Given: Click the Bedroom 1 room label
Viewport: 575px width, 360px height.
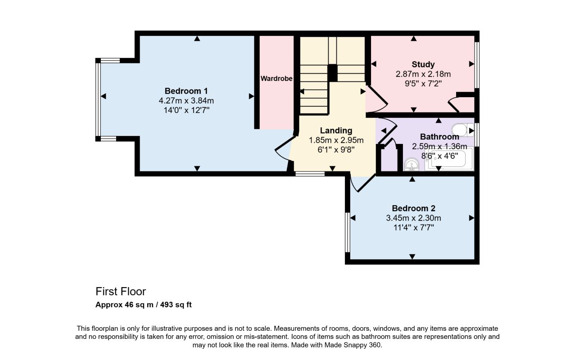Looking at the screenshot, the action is coord(186,91).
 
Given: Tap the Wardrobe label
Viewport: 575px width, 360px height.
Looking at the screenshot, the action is coord(276,78).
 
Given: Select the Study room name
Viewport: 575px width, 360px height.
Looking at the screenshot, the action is coord(423,64).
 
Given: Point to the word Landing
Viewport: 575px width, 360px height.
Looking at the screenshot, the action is coord(336,130).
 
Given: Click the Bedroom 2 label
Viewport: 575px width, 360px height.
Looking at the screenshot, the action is coord(413,208).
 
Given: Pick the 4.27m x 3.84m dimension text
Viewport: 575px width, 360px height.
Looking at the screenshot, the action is coord(186,101).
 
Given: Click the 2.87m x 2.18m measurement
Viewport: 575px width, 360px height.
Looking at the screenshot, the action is coord(423,74).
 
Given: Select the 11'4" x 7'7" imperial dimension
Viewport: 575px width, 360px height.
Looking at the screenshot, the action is coord(413,228).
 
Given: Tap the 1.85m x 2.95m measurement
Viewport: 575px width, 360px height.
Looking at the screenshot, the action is coord(336,140).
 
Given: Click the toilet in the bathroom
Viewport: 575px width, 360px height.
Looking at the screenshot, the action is coord(463,130).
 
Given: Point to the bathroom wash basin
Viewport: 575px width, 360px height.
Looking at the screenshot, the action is coord(412,164).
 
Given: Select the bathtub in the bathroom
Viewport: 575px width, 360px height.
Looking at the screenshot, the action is coord(449,159).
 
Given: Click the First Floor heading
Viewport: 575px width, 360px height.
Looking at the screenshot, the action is coord(121,292).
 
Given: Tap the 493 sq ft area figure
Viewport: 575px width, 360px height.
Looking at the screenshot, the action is coord(176,305).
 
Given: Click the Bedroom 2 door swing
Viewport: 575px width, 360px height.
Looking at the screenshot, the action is coord(363,183).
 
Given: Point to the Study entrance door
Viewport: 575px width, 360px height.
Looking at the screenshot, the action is coord(376,99).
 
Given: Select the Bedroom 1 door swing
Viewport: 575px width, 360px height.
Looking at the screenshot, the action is coord(284,148).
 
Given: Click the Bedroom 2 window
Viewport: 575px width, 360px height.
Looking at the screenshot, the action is coord(347,233).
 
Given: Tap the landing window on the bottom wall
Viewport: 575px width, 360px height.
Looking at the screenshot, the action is coord(310,174).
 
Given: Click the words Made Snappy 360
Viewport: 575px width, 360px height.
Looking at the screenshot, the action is coord(353,345).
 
